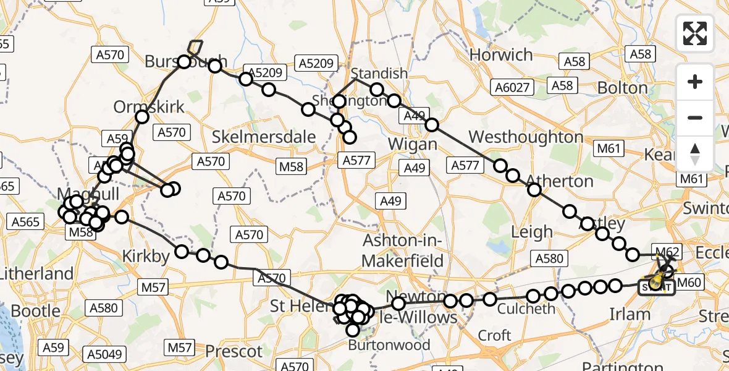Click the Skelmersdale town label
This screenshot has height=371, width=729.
[x=264, y=137]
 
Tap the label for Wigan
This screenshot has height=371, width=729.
[x=413, y=144]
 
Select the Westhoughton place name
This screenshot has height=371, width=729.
[x=526, y=137]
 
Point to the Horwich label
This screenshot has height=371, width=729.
[x=501, y=55]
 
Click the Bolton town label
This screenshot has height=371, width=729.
[x=622, y=88]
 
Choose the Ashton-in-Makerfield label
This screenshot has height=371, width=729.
[x=403, y=250]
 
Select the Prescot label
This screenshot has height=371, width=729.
[x=234, y=351]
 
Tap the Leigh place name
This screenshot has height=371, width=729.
[x=532, y=232]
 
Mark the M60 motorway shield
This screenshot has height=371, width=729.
[x=689, y=283]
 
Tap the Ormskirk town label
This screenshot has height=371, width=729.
[x=149, y=107]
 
